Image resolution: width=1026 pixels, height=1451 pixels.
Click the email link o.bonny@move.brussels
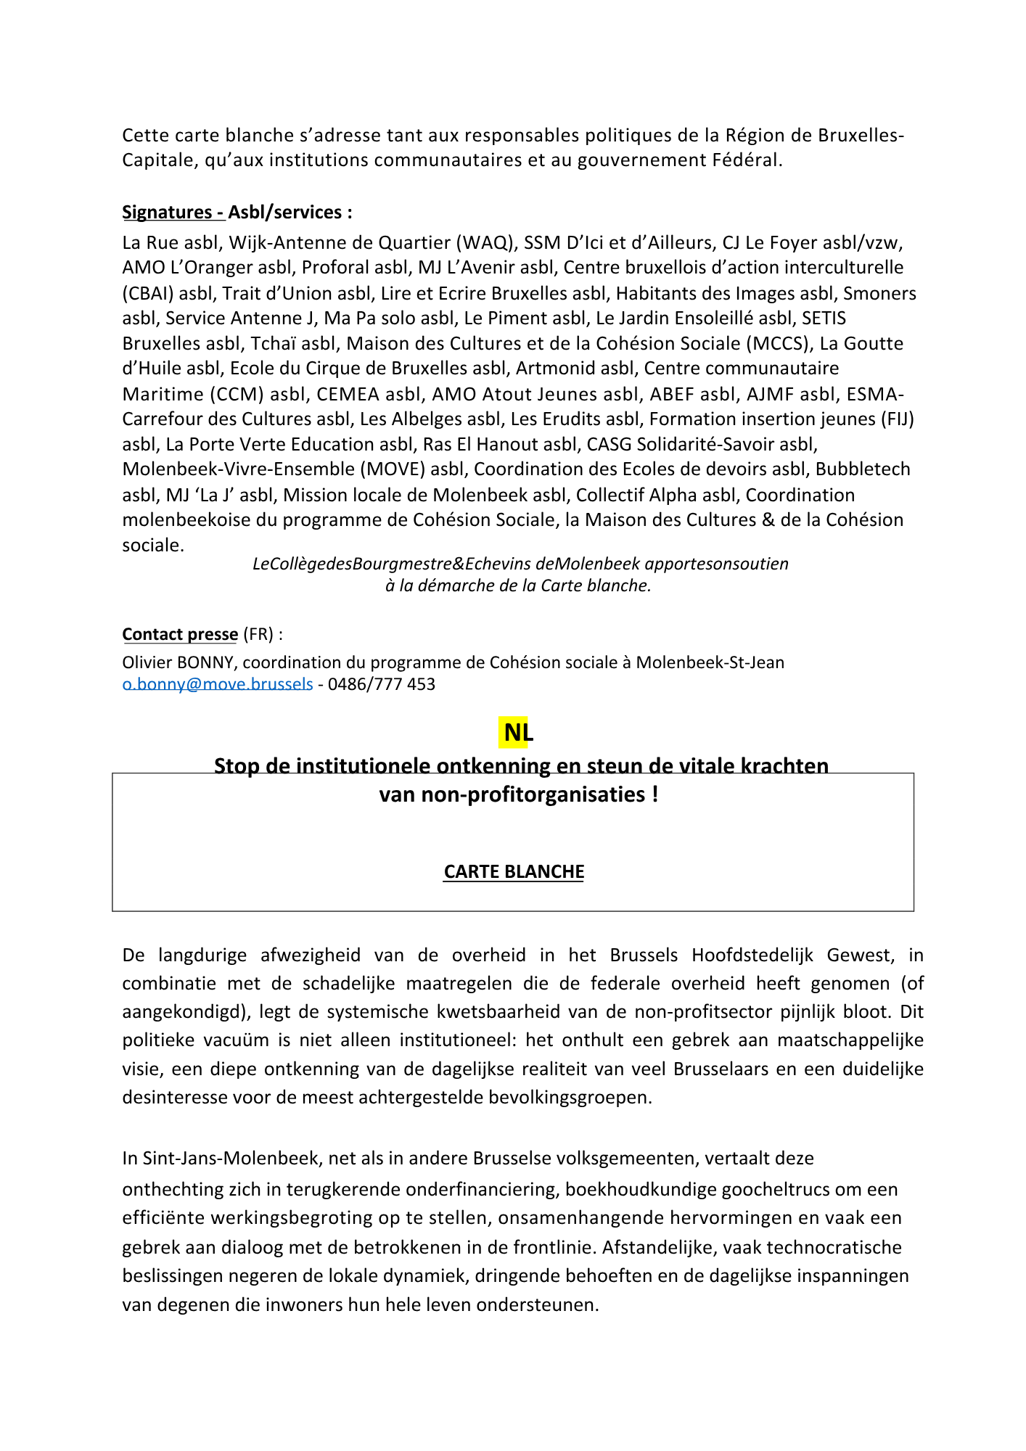(218, 684)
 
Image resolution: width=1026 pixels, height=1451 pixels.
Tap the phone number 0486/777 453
(381, 684)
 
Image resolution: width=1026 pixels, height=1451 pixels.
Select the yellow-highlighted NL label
(517, 733)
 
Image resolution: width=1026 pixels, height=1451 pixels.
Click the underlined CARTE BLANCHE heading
(514, 871)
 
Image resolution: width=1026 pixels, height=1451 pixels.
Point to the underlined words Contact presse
(180, 634)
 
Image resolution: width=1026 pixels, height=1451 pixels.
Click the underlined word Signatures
(167, 212)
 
